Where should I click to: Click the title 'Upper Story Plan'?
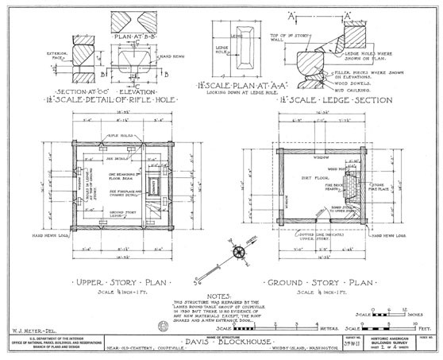click(x=117, y=282)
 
